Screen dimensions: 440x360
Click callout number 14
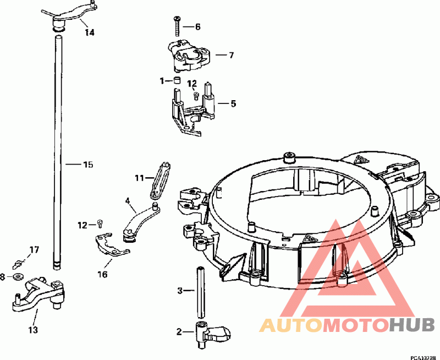point(90,32)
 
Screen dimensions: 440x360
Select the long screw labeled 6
point(177,26)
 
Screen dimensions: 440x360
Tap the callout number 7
point(231,55)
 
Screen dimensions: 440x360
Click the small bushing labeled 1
point(177,80)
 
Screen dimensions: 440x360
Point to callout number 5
point(233,103)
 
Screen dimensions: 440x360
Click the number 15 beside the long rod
point(88,164)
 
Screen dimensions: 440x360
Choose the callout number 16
point(102,274)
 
